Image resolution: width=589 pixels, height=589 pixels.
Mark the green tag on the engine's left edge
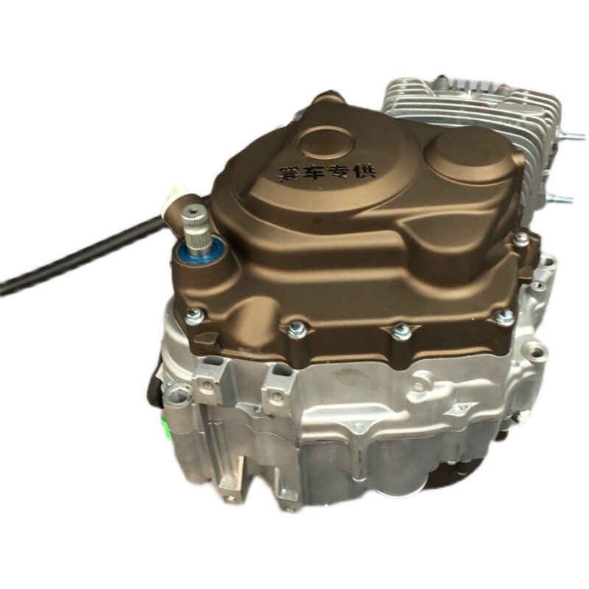coord(164,429)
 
